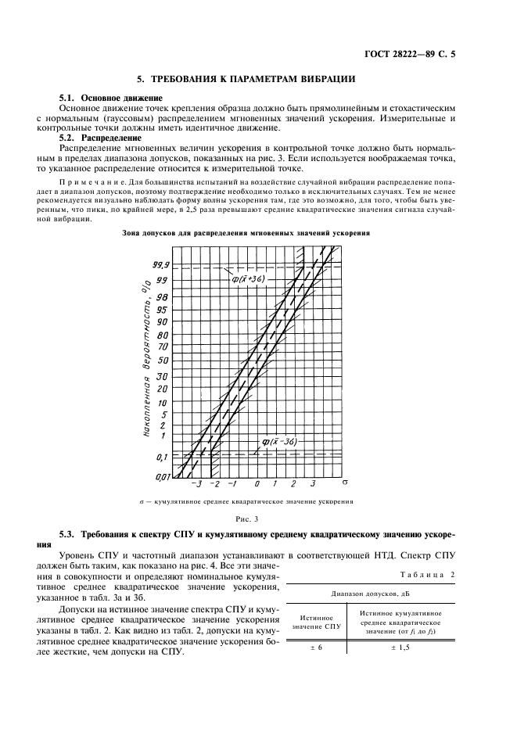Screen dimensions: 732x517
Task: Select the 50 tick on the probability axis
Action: [x=163, y=361]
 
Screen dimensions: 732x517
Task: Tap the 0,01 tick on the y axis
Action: [x=161, y=475]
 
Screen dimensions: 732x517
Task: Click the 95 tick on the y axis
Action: [x=163, y=310]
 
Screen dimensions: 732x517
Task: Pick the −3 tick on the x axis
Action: [x=181, y=486]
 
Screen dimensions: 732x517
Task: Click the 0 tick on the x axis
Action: [x=257, y=486]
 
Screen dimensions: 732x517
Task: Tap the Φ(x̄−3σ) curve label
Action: [x=275, y=443]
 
